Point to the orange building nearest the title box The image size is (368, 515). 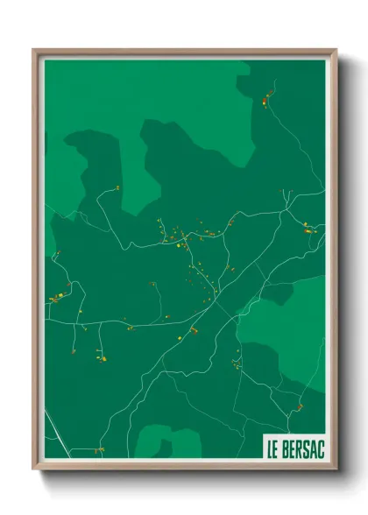[x=299, y=407]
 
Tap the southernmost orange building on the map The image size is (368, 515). [x=99, y=450]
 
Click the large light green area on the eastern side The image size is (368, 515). [x=285, y=328]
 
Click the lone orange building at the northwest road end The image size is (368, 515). [x=117, y=187]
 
